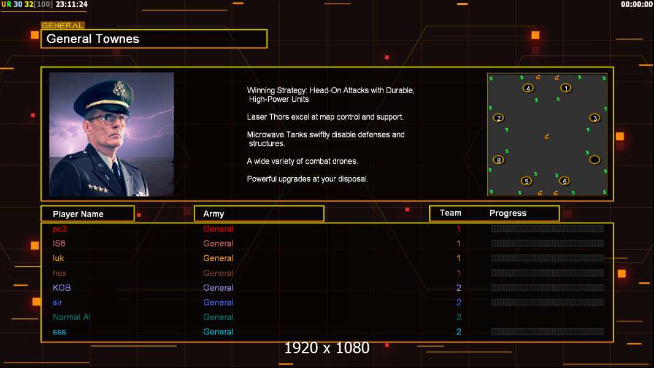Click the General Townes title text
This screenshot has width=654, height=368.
coord(93,39)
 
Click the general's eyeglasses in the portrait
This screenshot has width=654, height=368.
coord(107,117)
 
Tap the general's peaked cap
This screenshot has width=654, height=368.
coord(110,94)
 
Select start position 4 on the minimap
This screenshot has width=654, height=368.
coord(528,88)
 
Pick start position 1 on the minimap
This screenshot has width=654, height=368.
coord(566,88)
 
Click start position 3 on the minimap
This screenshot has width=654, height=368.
coord(594,118)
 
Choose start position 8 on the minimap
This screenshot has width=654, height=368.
coord(499,160)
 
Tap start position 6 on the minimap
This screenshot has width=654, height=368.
coord(564,181)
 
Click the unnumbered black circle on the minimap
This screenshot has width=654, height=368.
coord(594,160)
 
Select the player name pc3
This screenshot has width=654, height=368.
coord(60,229)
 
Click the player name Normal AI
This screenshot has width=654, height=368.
coord(72,317)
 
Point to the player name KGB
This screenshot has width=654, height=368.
coord(62,288)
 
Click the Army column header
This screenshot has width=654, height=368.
coord(214,214)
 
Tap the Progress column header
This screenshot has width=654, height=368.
coord(508,213)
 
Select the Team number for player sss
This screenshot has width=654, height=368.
coord(458,332)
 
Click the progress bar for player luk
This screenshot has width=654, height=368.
coord(547,258)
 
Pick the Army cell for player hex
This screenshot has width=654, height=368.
coord(218,273)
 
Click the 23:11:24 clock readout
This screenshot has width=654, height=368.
coord(71,4)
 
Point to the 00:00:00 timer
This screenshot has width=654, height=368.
coord(637,4)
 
